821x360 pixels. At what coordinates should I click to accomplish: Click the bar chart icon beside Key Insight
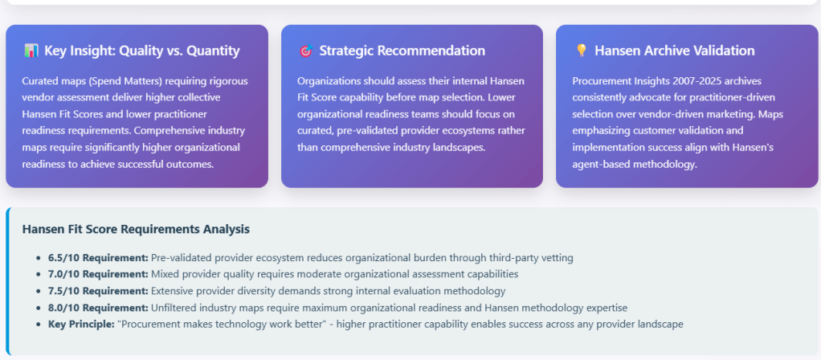tap(31, 51)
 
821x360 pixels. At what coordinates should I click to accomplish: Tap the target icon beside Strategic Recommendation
tap(306, 51)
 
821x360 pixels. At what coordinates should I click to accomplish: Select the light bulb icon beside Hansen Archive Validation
tap(581, 51)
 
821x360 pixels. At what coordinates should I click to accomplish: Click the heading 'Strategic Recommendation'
tap(402, 51)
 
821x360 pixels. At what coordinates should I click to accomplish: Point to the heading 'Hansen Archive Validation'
tap(675, 51)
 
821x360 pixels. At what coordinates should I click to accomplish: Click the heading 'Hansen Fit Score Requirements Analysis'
tap(136, 230)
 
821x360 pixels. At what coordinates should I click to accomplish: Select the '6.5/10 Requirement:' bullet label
tap(99, 258)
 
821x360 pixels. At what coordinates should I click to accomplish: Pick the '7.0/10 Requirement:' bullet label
tap(99, 274)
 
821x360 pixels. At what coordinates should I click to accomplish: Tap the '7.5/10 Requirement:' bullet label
tap(99, 291)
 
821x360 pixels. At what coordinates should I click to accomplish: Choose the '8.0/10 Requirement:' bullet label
tap(99, 308)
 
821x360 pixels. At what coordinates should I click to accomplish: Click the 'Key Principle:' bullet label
tap(81, 325)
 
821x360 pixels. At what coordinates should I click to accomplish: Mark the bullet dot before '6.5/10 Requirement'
tap(39, 258)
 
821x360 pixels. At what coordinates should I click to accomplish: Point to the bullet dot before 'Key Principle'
tap(39, 325)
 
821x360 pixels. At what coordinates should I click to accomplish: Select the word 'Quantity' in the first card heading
tap(213, 51)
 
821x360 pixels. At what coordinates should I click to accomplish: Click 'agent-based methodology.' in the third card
tap(635, 164)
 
